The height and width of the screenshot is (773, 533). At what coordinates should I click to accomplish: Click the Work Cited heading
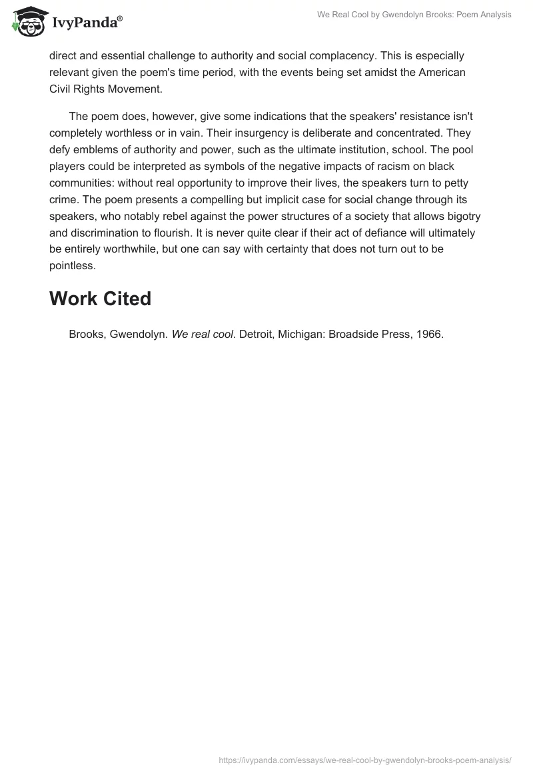click(100, 299)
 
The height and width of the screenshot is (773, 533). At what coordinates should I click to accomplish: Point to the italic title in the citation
click(202, 335)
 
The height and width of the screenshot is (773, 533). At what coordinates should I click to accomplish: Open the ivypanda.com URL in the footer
click(364, 760)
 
